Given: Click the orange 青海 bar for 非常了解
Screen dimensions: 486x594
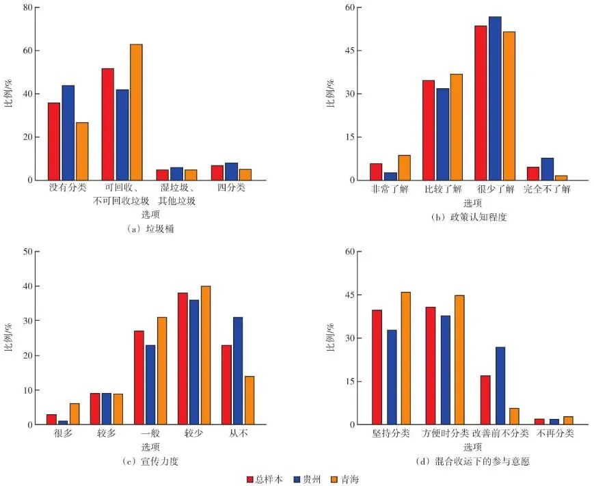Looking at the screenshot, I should click(405, 167).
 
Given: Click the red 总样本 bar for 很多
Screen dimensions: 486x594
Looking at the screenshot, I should click(51, 419).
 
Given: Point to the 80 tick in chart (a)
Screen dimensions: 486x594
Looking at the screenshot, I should click(27, 8).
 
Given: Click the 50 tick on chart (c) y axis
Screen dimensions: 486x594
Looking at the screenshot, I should click(27, 252).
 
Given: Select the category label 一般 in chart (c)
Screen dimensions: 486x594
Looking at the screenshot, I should click(150, 433).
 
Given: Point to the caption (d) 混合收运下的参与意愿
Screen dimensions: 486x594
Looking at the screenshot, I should click(472, 461).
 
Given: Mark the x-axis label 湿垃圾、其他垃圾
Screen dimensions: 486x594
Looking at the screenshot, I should click(176, 194).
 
